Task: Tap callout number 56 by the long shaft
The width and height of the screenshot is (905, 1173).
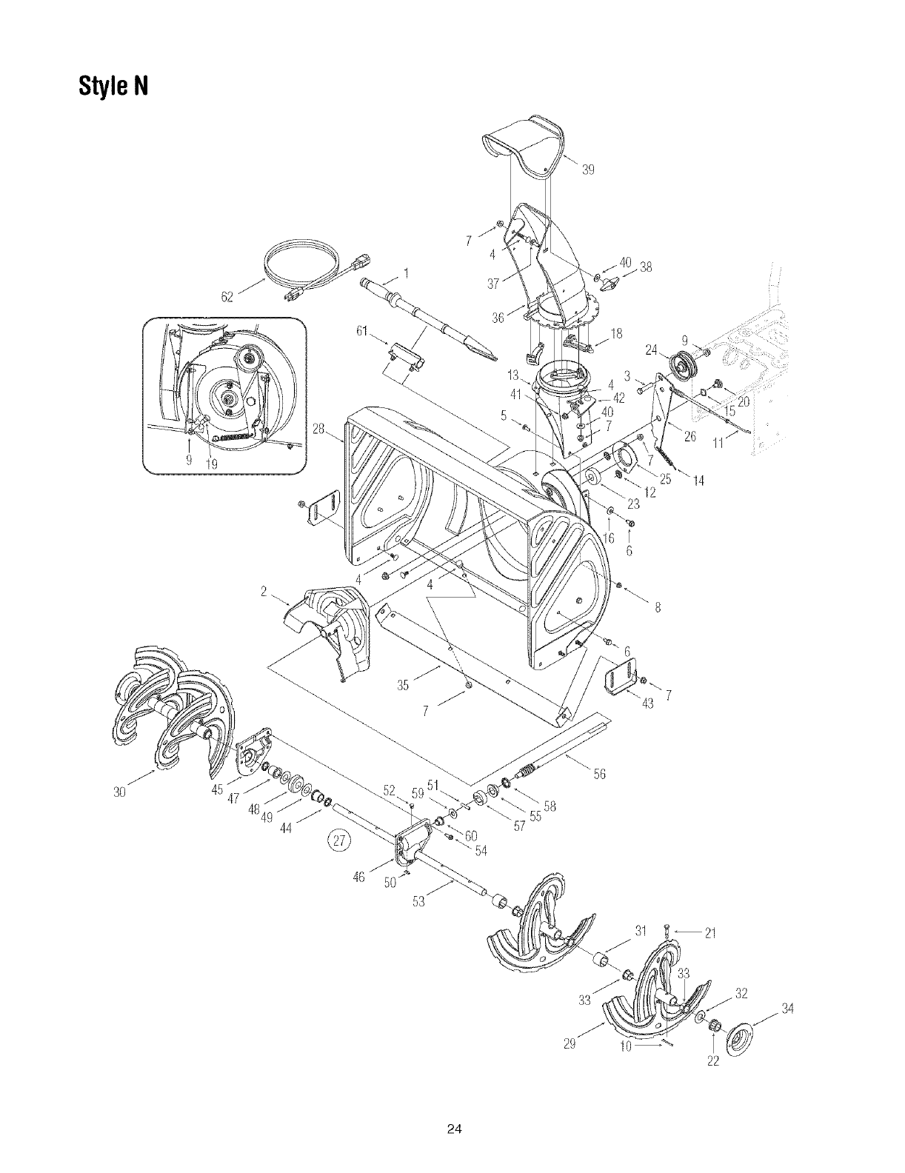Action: pyautogui.click(x=598, y=773)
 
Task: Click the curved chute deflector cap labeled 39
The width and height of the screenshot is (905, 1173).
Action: pyautogui.click(x=526, y=148)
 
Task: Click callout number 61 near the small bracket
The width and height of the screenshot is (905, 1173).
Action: pyautogui.click(x=362, y=330)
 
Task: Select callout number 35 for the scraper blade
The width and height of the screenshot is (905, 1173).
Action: pyautogui.click(x=403, y=685)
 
